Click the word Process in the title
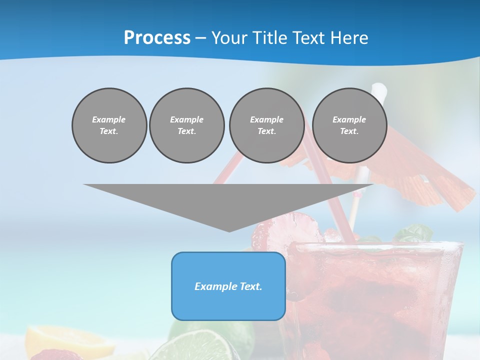point(157,38)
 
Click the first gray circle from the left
point(109,125)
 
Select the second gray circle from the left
point(186,125)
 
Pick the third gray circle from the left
point(266,125)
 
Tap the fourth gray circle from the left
point(349,125)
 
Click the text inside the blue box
point(228,286)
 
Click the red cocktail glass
point(375,300)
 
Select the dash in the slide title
point(200,38)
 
